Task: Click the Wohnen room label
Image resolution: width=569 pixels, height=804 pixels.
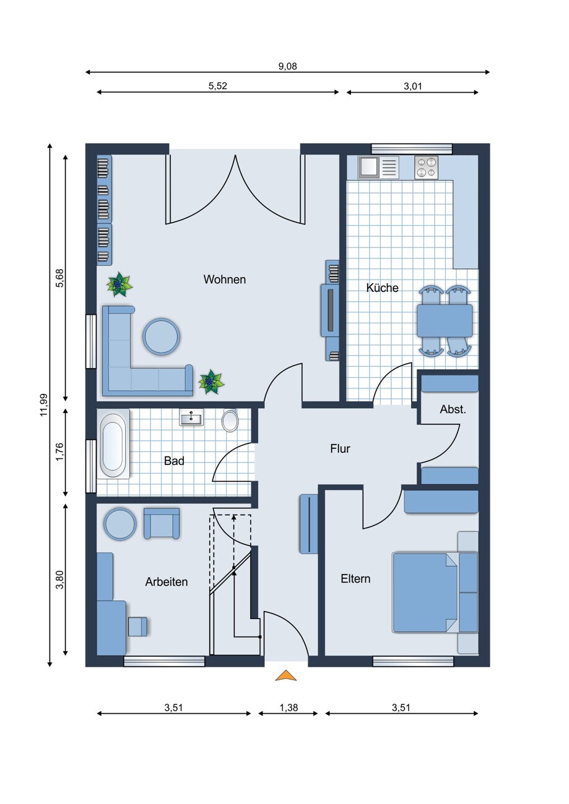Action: (225, 280)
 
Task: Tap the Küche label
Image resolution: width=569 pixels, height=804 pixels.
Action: (382, 288)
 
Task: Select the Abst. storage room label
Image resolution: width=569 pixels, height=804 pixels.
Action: (453, 409)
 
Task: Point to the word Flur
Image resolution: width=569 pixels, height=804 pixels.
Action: (340, 448)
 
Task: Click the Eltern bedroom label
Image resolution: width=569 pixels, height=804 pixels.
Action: (355, 579)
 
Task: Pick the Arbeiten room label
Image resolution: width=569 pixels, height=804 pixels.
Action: (167, 582)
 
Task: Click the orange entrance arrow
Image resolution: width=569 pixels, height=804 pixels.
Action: (286, 675)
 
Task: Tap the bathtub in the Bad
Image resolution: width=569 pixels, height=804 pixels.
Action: (113, 444)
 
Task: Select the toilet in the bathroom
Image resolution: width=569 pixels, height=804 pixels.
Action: (230, 420)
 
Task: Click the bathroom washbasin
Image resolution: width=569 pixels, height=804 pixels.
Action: (191, 417)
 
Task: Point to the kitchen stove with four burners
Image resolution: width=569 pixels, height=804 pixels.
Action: (427, 167)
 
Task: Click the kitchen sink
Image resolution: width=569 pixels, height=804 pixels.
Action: (378, 167)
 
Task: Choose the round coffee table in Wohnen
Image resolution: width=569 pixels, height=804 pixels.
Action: (161, 336)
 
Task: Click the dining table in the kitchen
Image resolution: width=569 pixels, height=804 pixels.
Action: (445, 320)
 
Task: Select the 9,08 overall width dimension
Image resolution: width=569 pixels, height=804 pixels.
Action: (288, 66)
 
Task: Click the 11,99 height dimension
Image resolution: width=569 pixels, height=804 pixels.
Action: (44, 405)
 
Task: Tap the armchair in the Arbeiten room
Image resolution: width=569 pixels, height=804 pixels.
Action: (162, 523)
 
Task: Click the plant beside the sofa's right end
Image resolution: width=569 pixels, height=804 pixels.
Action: (211, 382)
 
